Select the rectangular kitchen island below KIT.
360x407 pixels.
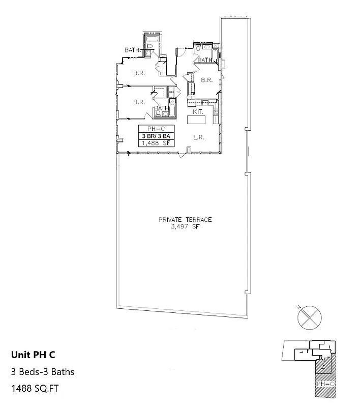(196, 120)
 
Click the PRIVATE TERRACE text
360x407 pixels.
(185, 220)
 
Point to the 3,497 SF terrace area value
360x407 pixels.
(185, 226)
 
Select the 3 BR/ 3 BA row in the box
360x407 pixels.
(157, 136)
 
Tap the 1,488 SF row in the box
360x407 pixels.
(157, 143)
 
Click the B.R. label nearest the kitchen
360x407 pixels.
(206, 80)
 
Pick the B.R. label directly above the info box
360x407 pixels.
(139, 102)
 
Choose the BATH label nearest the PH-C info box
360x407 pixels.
(161, 108)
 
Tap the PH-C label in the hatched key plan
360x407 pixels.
(324, 383)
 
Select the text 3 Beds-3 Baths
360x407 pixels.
(43, 372)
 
